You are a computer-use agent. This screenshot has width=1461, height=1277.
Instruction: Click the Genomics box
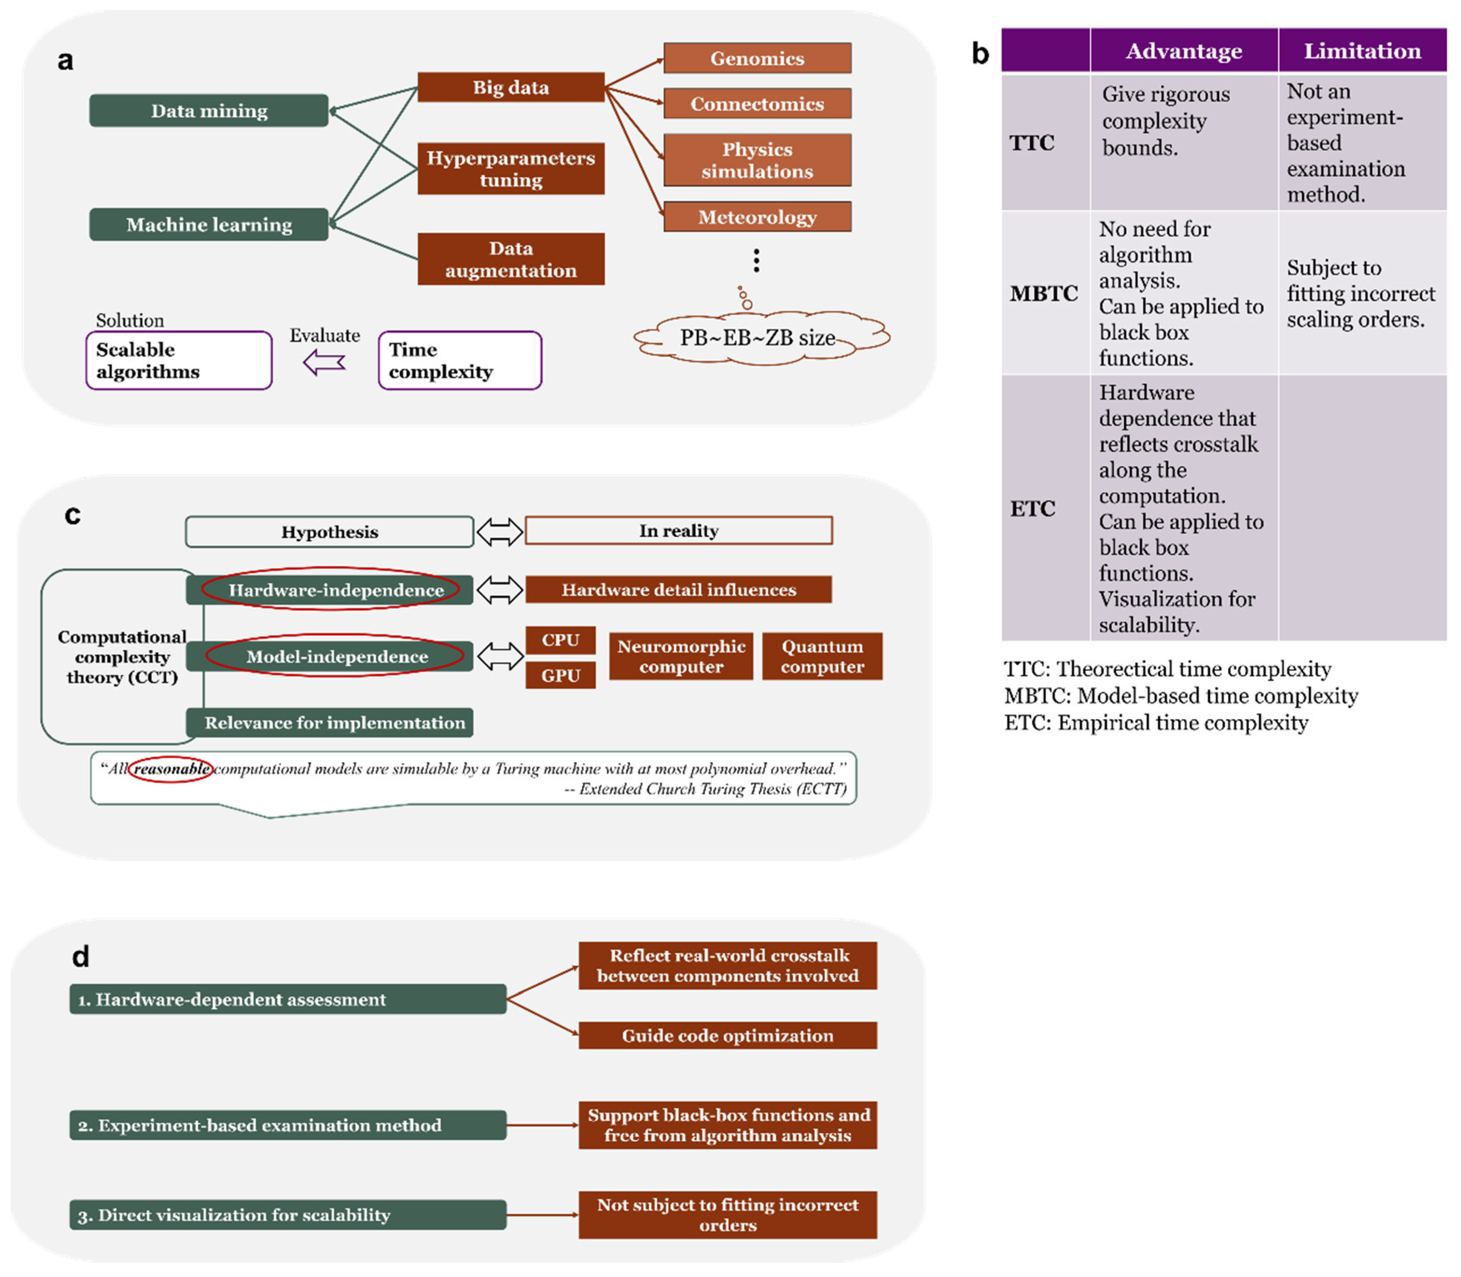(x=757, y=58)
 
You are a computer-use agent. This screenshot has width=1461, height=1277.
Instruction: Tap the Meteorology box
(x=757, y=217)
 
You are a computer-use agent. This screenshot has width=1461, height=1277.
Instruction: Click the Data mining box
(x=209, y=111)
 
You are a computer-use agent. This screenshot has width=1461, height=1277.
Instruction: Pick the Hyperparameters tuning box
(x=511, y=168)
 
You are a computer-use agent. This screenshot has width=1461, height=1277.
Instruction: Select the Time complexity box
(x=459, y=361)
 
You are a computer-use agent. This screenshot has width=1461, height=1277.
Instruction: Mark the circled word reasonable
(x=171, y=769)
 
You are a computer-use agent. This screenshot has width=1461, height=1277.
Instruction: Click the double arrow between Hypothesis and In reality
(x=499, y=532)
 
